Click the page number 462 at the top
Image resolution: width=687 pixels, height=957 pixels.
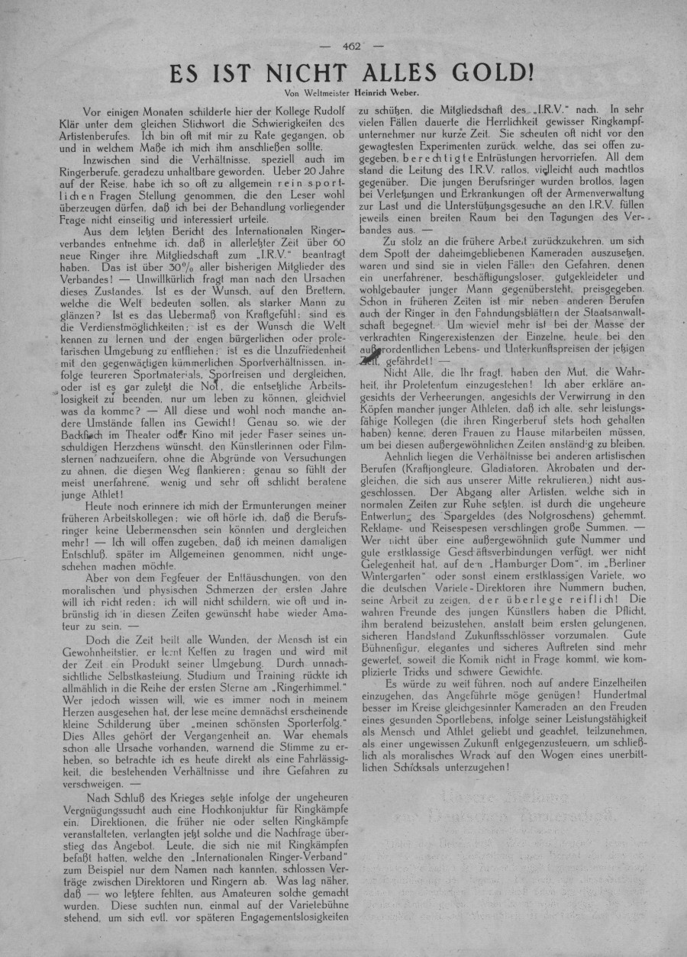point(352,46)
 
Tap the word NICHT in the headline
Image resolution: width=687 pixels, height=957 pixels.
point(296,73)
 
